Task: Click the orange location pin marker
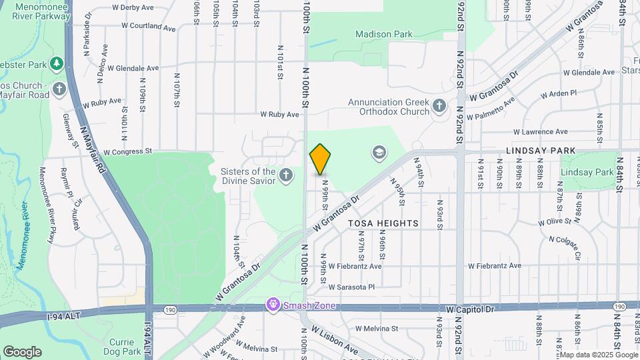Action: point(320,159)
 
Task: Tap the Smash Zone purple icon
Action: point(272,306)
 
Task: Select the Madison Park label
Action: point(383,34)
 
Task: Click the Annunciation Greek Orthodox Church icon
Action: point(439,106)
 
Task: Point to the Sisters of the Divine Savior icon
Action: point(286,176)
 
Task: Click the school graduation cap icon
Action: point(379,154)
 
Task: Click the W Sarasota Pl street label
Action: point(352,287)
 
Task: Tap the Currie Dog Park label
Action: point(122,347)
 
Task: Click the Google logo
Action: point(22,351)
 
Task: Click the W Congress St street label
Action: point(128,151)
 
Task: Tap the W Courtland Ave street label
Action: point(148,27)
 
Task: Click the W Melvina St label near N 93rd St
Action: point(376,329)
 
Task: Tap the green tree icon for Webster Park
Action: point(57,64)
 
